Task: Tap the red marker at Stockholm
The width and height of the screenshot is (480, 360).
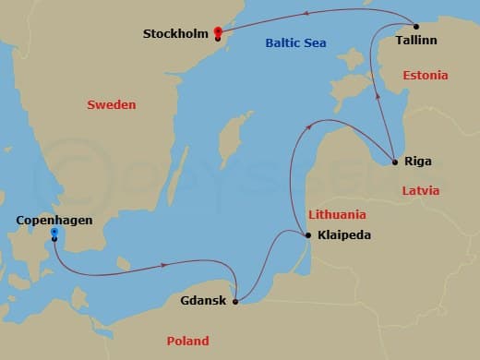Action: pyautogui.click(x=218, y=31)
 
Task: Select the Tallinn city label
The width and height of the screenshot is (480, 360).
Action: pyautogui.click(x=416, y=42)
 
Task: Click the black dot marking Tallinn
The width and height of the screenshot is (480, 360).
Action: pyautogui.click(x=415, y=26)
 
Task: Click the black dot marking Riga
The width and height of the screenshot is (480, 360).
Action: pyautogui.click(x=395, y=162)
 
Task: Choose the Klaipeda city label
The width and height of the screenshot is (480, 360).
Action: pyautogui.click(x=343, y=235)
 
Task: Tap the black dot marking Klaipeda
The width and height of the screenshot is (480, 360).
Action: pyautogui.click(x=308, y=235)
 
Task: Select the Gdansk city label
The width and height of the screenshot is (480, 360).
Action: pyautogui.click(x=203, y=301)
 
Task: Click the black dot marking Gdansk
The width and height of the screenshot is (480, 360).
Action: pyautogui.click(x=236, y=301)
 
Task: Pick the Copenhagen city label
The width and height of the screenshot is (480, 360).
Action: pyautogui.click(x=55, y=220)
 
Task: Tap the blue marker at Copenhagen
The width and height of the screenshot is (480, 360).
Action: pyautogui.click(x=54, y=233)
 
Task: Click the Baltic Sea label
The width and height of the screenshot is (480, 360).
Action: pyautogui.click(x=297, y=42)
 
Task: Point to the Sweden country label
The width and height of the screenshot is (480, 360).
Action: pyautogui.click(x=111, y=105)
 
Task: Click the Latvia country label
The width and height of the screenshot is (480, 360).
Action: pyautogui.click(x=421, y=191)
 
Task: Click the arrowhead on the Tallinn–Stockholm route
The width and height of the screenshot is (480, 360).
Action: pyautogui.click(x=330, y=12)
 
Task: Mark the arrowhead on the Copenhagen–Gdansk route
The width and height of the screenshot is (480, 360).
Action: pyautogui.click(x=163, y=265)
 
